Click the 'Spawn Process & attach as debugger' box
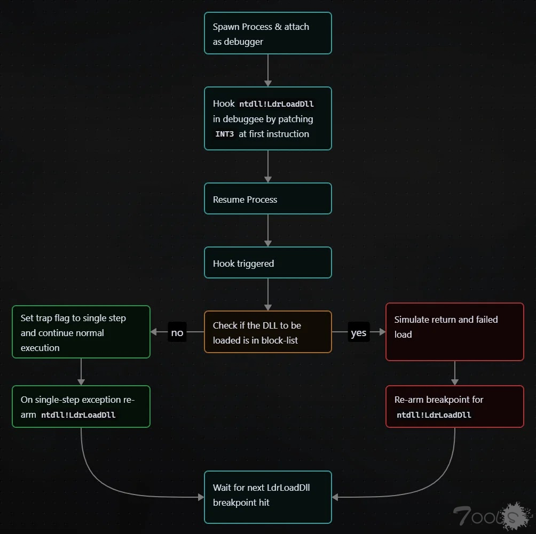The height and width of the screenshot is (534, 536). coord(267,33)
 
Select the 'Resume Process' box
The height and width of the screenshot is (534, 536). coord(267,198)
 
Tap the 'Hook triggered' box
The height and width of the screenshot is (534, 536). coord(267,262)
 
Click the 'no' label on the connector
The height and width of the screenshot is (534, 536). coord(177,332)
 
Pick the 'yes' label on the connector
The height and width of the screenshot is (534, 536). coord(359,332)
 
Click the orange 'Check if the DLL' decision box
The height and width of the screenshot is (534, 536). coord(267,332)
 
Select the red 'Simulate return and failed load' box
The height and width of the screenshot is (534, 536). coord(454,332)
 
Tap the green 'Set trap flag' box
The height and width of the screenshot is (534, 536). coord(81,332)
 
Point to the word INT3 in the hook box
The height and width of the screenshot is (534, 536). coord(225,134)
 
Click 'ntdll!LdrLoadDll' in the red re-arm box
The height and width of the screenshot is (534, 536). coord(433,415)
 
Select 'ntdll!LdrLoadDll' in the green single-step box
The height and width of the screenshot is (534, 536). coord(78,415)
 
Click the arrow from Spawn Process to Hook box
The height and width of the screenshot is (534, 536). coord(267,70)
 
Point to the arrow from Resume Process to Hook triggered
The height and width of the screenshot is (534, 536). coord(267,230)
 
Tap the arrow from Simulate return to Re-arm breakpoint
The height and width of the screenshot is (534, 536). coord(454,373)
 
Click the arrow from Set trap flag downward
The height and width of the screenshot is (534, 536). coord(81,372)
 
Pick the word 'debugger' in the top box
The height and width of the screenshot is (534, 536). coord(243,42)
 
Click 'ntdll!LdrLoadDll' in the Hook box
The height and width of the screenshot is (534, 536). coord(277,104)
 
